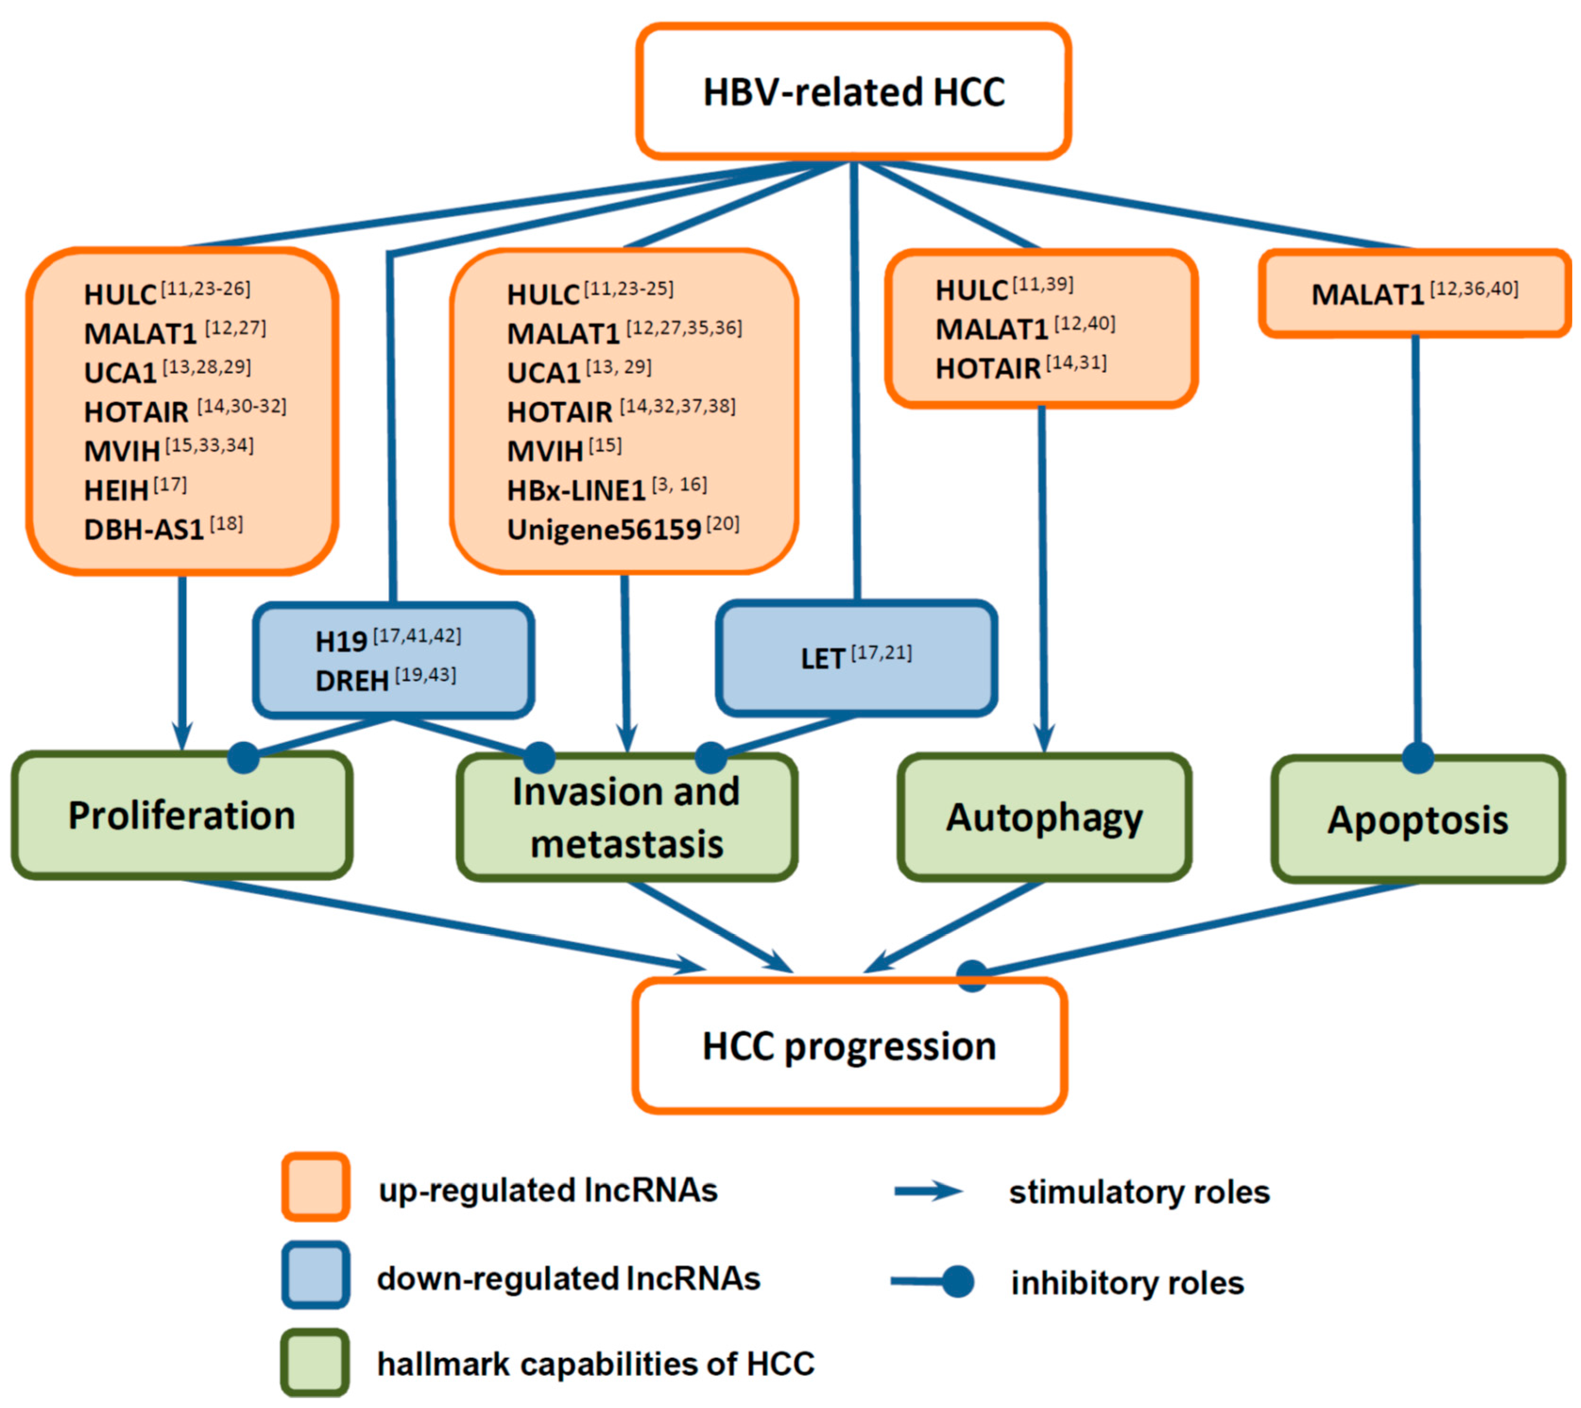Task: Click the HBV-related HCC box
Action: (854, 91)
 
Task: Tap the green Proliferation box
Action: (182, 815)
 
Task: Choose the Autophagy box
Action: (1045, 818)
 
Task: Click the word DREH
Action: (352, 681)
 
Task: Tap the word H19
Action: (341, 641)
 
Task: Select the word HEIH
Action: (116, 490)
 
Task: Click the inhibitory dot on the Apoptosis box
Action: (1418, 758)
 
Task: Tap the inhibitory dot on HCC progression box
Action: (972, 975)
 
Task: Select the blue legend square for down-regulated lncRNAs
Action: (316, 1275)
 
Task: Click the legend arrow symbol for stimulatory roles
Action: (928, 1191)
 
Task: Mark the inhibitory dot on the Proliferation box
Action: (244, 758)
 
